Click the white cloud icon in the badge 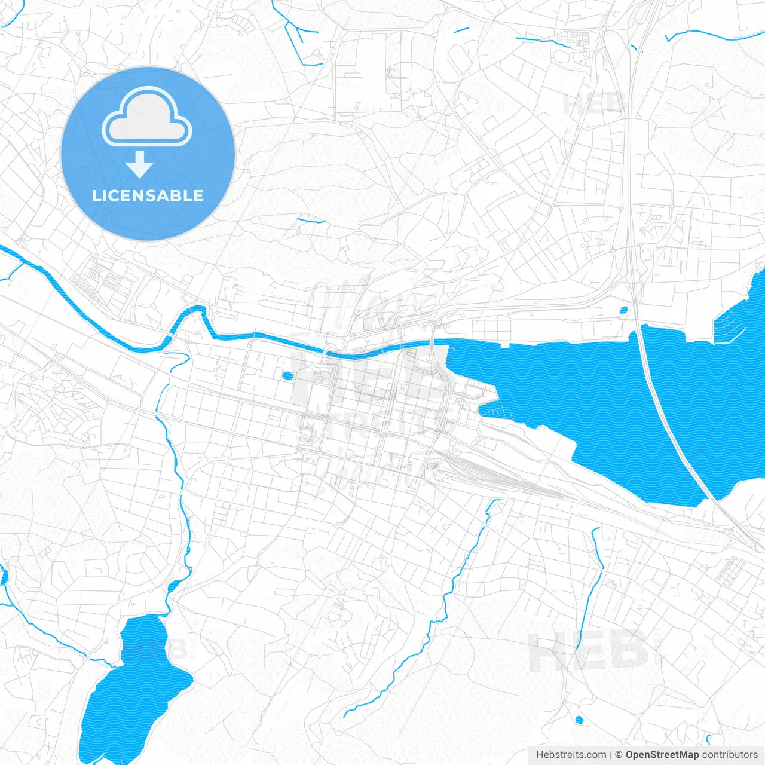[x=147, y=117]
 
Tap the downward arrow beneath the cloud [x=140, y=165]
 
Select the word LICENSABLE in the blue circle [x=148, y=195]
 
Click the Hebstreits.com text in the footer [x=571, y=755]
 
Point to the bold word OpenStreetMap [x=662, y=755]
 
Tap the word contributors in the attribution [x=729, y=755]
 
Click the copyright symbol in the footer [x=619, y=755]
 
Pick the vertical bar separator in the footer [x=611, y=755]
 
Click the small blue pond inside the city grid [x=287, y=377]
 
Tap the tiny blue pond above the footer [x=578, y=720]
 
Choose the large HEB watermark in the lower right [x=589, y=651]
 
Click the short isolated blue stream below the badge [x=311, y=221]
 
